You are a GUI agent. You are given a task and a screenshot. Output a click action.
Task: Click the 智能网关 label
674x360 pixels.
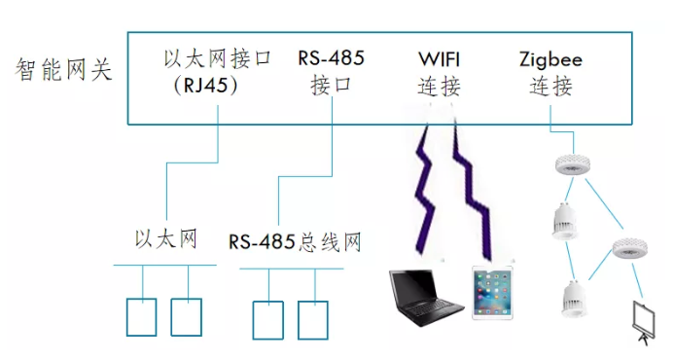[63, 70]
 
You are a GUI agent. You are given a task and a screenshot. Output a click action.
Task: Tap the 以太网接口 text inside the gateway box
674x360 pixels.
[217, 58]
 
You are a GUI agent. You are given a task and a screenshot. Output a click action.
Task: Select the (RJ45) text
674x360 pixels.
[205, 86]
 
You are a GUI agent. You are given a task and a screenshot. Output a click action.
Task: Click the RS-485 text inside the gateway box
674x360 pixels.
[331, 58]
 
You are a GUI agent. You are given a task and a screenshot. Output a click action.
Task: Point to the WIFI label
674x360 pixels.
[440, 59]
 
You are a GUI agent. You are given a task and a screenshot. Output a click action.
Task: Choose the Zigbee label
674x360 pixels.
[550, 59]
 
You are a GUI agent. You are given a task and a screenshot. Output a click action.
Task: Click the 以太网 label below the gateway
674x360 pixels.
[166, 238]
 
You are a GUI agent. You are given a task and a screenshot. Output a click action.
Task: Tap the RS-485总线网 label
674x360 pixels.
[295, 242]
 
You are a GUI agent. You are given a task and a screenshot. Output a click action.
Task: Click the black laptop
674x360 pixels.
[426, 298]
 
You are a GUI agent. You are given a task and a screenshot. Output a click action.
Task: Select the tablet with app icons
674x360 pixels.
[492, 293]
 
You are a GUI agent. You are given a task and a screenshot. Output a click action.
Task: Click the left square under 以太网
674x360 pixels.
[141, 317]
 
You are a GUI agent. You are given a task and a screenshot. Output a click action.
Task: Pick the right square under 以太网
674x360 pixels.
[187, 317]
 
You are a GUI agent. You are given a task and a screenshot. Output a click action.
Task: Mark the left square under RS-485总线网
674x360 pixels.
[267, 320]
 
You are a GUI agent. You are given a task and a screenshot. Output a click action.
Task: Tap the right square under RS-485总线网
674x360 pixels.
[313, 320]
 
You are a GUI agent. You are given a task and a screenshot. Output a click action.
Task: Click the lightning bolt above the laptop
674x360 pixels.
[424, 190]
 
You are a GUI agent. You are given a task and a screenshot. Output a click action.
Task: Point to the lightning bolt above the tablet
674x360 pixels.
[474, 190]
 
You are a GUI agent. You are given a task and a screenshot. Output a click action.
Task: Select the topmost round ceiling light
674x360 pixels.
[573, 163]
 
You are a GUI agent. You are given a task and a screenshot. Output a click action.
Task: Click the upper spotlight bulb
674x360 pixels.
[565, 220]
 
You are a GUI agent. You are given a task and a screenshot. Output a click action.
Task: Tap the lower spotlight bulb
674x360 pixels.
[574, 299]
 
